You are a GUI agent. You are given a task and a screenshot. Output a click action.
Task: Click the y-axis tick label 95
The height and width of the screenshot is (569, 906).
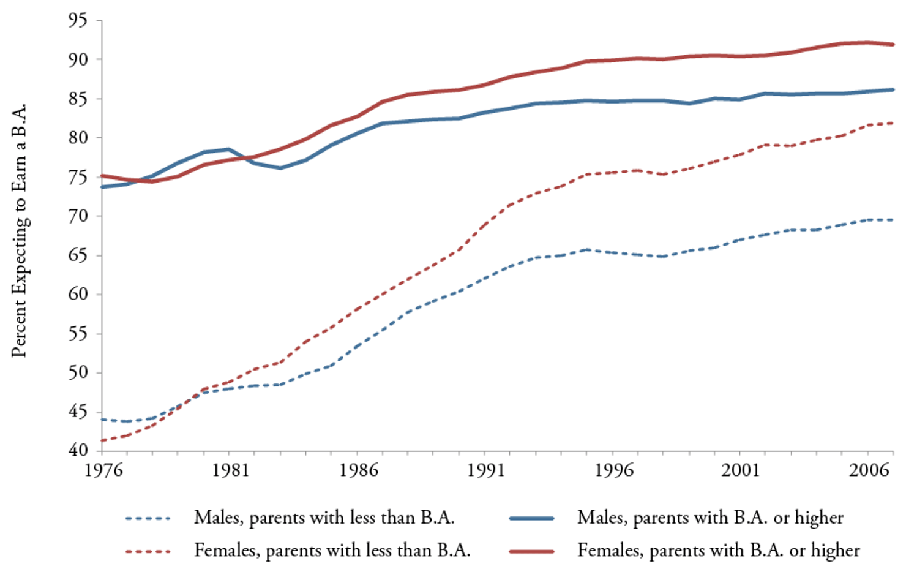click(x=78, y=21)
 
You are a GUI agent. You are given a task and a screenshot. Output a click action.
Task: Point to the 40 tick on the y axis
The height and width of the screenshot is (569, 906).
click(x=78, y=450)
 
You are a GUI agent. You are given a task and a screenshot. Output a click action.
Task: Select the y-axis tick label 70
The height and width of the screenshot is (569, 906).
click(x=78, y=216)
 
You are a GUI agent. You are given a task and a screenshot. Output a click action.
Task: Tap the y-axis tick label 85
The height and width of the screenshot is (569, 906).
click(x=78, y=99)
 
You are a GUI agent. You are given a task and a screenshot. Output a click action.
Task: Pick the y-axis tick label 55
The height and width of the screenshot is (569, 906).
click(x=78, y=334)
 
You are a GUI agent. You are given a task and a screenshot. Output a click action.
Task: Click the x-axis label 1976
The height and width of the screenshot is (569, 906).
click(x=103, y=470)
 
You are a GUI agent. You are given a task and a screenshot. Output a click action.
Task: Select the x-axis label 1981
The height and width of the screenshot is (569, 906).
click(x=230, y=470)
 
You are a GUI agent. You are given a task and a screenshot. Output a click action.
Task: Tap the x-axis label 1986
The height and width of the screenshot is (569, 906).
click(x=358, y=470)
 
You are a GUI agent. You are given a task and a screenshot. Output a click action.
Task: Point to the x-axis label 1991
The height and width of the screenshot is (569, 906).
click(x=485, y=470)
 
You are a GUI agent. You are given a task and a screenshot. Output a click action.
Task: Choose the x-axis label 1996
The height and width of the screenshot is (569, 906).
click(x=613, y=470)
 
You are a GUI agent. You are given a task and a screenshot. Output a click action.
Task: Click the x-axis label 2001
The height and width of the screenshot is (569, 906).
click(x=741, y=470)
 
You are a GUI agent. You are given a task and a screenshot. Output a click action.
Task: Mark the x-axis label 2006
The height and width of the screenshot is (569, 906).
click(x=869, y=470)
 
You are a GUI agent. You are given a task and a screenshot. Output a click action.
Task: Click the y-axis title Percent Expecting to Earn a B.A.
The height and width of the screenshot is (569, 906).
click(x=20, y=230)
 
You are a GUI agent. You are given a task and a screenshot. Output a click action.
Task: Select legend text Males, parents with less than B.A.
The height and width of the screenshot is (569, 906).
click(x=324, y=518)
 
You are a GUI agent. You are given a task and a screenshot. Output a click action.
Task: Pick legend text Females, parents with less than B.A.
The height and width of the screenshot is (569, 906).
click(x=332, y=551)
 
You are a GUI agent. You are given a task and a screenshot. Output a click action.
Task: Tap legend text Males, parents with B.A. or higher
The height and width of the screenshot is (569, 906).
click(x=710, y=518)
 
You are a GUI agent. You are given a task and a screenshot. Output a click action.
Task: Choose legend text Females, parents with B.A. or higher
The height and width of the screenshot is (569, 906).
click(x=718, y=551)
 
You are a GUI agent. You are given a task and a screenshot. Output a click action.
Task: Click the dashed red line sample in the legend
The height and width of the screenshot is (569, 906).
click(x=148, y=551)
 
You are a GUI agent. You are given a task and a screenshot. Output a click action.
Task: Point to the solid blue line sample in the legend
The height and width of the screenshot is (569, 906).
click(x=531, y=519)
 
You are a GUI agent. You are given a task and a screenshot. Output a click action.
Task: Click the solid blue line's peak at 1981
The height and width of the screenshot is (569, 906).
click(x=229, y=149)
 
